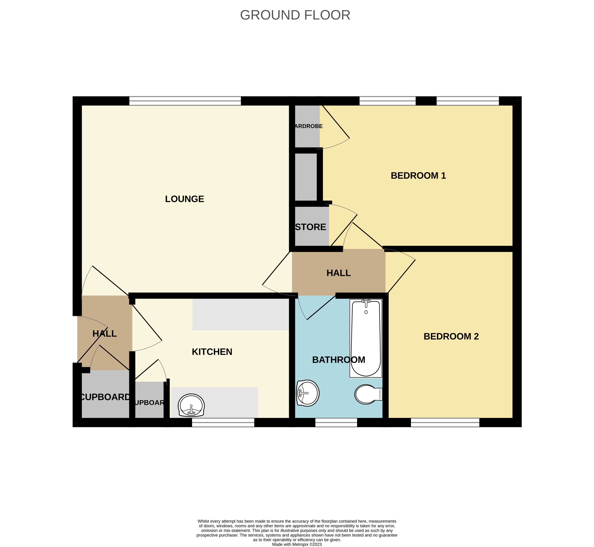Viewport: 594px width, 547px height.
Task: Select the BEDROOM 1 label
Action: pos(418,176)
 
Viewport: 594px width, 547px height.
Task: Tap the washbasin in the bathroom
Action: pos(307,393)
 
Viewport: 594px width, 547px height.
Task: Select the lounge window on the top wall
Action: pos(185,101)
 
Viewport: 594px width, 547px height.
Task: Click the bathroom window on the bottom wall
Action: pos(336,422)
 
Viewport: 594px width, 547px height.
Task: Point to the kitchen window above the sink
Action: pos(223,422)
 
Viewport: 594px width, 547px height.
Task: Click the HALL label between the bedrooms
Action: pos(338,273)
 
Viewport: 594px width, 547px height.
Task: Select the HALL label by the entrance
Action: pos(105,334)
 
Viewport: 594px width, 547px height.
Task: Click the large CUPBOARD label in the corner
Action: pos(105,397)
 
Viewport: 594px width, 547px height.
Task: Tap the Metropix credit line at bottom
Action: pos(297,544)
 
